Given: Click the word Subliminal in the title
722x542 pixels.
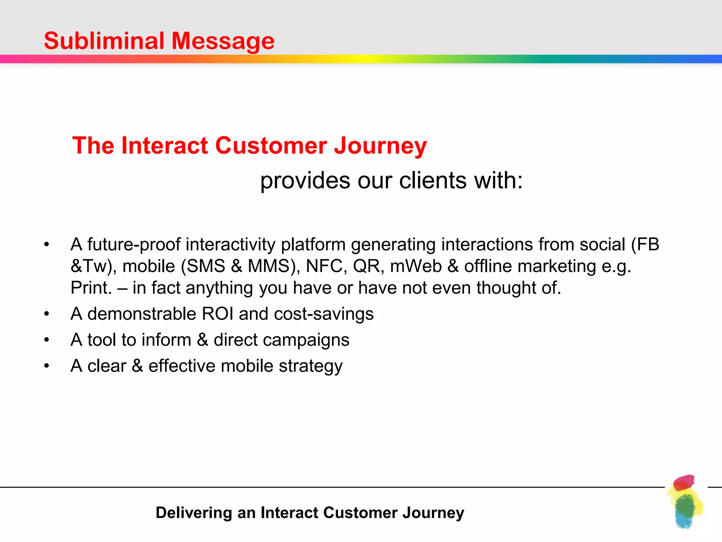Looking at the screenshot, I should click(x=104, y=41).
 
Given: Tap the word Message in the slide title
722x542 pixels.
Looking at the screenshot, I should click(x=222, y=41).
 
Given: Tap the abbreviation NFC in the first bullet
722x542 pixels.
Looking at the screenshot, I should click(x=324, y=266).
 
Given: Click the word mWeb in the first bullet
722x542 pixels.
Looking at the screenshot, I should click(x=416, y=266).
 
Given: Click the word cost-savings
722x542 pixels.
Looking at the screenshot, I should click(x=324, y=314).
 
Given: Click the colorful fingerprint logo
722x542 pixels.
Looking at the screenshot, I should click(x=685, y=501).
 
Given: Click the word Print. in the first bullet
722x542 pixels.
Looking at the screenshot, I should click(x=91, y=288).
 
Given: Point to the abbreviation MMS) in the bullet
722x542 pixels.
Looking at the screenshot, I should click(x=274, y=266).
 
